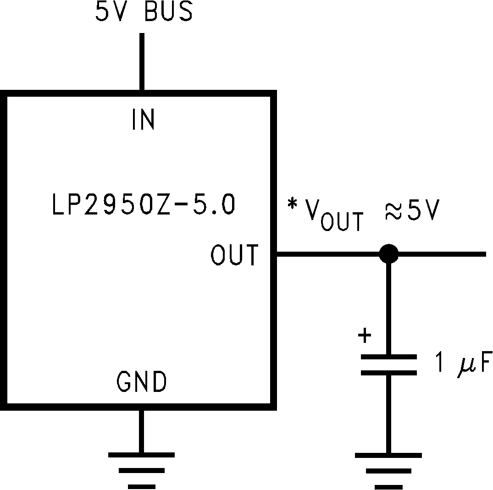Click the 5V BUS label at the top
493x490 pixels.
(144, 12)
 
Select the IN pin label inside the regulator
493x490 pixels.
(143, 120)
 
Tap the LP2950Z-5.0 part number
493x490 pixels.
(143, 205)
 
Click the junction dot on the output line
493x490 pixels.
(389, 253)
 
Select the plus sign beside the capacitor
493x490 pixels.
(365, 336)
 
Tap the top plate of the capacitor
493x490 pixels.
(389, 357)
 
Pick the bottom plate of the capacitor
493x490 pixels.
(389, 373)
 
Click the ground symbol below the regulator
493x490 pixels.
(141, 470)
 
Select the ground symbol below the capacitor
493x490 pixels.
(388, 470)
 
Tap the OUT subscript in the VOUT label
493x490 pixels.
(342, 222)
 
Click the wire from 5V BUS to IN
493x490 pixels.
(142, 62)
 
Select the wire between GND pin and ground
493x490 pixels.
(141, 431)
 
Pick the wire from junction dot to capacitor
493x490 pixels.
(389, 307)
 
